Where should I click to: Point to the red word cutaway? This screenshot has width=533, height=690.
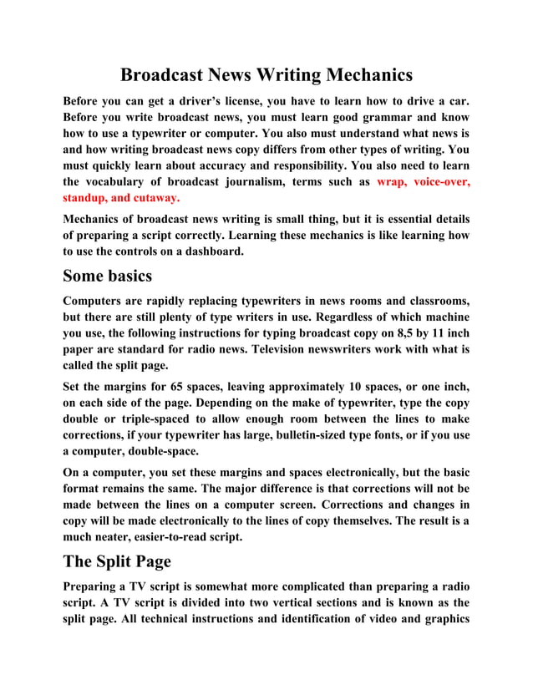pyautogui.click(x=150, y=198)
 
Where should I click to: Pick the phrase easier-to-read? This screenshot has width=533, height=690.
pyautogui.click(x=175, y=537)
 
